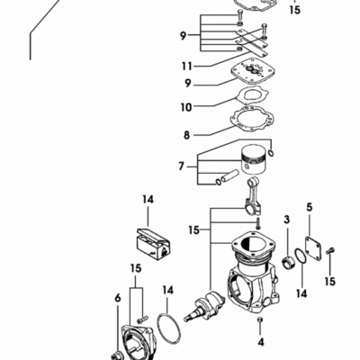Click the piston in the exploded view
coord(254,160)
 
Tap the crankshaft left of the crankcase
coord(204,307)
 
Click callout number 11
coord(186,66)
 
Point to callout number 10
coord(186,107)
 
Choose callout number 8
coord(187,135)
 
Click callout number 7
coord(181,166)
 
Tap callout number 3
coord(287,220)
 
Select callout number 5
coord(310,207)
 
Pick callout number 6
coord(118,298)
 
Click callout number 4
coord(261,342)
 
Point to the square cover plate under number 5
coord(313,248)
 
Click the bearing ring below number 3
coord(289,262)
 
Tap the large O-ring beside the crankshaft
coord(168,328)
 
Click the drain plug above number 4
coord(260,320)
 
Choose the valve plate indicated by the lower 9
coord(253,74)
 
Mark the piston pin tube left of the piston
coord(229,176)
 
